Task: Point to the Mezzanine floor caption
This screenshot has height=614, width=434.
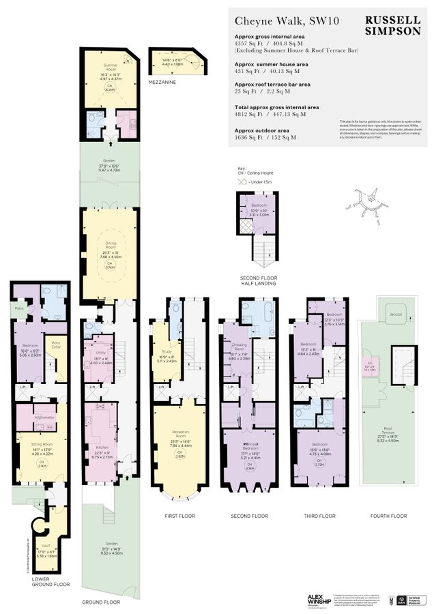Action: (164, 82)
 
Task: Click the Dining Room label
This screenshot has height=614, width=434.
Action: (111, 243)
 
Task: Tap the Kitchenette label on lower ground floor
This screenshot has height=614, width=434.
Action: (44, 415)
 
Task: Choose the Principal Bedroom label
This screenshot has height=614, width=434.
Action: (240, 445)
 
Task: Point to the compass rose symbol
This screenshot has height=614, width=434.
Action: (375, 200)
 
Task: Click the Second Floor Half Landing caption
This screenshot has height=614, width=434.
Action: (258, 279)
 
